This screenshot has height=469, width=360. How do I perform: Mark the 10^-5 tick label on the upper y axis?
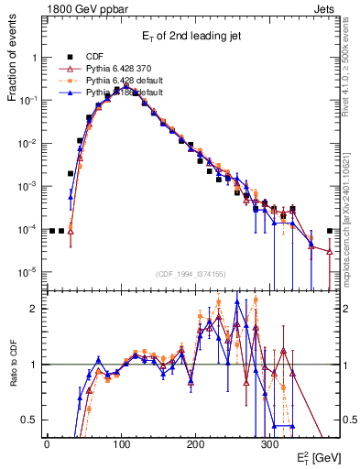click(28, 272)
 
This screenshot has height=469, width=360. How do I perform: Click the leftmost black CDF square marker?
click(52, 231)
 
